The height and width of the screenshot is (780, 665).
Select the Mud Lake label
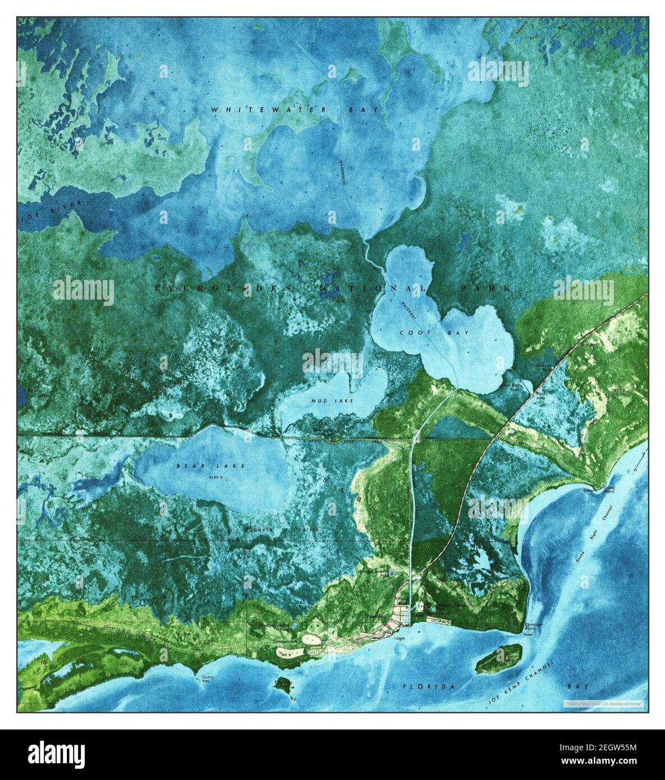[325, 401]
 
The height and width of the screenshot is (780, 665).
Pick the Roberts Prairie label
[281, 529]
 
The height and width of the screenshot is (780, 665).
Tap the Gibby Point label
[609, 489]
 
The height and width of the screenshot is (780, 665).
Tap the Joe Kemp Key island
[499, 658]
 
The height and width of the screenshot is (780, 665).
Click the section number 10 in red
[44, 662]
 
